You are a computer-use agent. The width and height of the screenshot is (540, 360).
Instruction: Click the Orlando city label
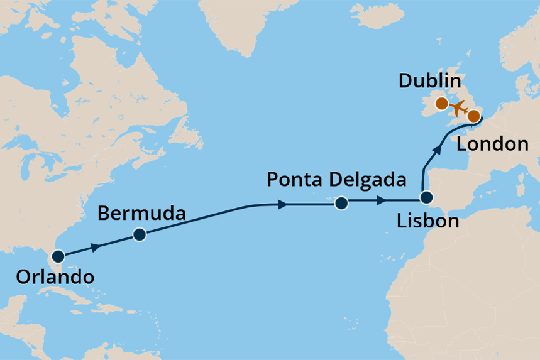(56, 276)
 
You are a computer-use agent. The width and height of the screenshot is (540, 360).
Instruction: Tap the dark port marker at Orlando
(58, 256)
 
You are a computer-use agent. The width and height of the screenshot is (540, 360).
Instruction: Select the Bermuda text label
(141, 214)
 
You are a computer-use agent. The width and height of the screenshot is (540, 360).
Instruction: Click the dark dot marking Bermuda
(140, 235)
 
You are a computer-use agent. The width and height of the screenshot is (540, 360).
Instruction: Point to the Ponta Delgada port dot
(341, 203)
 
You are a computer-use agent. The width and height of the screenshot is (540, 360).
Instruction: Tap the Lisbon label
(427, 221)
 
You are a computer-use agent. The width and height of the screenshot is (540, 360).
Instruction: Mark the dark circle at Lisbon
(427, 198)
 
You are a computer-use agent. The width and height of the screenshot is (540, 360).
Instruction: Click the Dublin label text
(430, 82)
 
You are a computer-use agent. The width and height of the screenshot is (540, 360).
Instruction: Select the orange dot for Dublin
(442, 103)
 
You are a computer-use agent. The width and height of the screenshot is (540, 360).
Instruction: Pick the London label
(492, 144)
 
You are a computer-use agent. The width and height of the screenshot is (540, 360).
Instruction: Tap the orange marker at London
(474, 116)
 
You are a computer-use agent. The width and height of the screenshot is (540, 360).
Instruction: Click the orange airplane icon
(458, 109)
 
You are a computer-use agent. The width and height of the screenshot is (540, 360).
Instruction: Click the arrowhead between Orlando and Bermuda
(95, 248)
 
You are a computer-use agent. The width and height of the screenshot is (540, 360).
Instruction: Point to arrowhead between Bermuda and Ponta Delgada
(283, 204)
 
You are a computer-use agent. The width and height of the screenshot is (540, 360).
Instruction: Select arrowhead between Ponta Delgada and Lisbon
(382, 202)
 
